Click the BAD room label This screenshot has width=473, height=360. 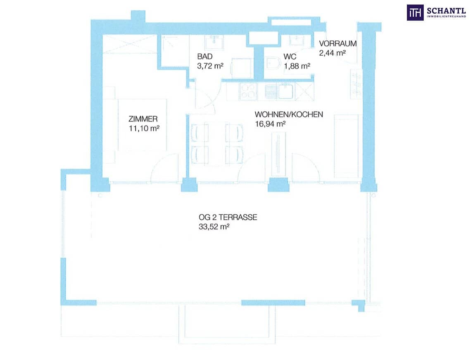[205, 57]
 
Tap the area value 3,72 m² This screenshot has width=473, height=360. [210, 66]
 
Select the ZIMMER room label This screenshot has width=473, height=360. [143, 119]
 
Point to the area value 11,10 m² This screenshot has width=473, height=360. [144, 128]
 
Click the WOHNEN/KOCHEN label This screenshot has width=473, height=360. [289, 114]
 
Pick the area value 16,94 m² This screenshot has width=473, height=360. [270, 123]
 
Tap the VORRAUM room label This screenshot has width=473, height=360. [338, 44]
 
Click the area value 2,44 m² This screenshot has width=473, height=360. [333, 53]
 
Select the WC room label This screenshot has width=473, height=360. [290, 57]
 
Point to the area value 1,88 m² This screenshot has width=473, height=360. [297, 66]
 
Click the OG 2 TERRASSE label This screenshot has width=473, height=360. [228, 217]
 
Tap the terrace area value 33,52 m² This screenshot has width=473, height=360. [214, 227]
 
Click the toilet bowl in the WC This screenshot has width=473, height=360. [273, 63]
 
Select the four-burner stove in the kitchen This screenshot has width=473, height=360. [248, 92]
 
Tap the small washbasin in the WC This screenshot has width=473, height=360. [298, 40]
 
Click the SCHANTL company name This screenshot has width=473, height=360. [446, 11]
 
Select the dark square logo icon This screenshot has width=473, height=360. [415, 13]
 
